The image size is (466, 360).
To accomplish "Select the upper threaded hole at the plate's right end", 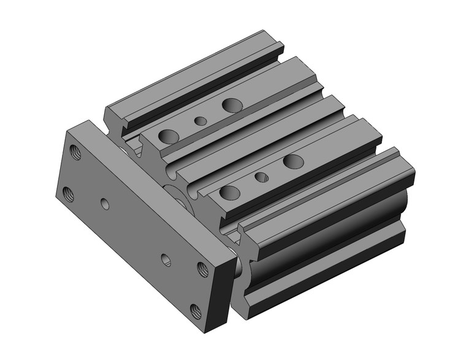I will point(202,268).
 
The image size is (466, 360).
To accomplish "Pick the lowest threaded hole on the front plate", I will point(196,310).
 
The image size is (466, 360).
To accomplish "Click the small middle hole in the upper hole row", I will point(201,120).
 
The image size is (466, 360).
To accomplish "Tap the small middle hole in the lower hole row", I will point(262,177).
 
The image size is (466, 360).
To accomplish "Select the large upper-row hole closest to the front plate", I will point(169,136).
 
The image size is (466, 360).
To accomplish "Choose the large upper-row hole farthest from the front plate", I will point(232,105).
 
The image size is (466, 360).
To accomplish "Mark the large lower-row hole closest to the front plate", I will point(230,193).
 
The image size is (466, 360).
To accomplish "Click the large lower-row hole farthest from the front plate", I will point(294,161).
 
